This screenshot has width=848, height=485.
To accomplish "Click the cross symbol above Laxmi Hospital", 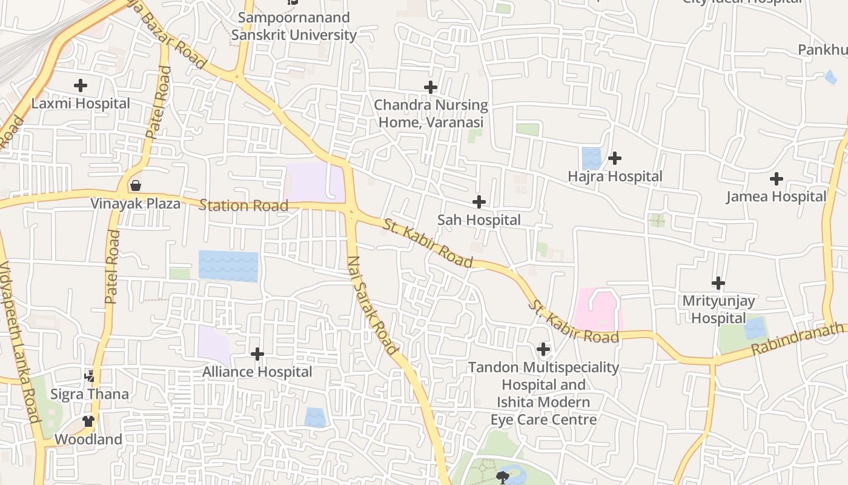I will [80, 85].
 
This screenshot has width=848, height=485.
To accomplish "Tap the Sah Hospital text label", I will [479, 220].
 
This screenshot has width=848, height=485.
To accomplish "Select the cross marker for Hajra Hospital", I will [615, 158].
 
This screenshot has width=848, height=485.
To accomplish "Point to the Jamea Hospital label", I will [776, 196].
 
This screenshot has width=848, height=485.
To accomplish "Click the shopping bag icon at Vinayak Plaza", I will [136, 185].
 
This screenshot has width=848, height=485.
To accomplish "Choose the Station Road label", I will [243, 206].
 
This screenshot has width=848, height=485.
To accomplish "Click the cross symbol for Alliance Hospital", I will [257, 353].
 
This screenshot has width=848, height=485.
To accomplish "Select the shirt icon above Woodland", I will [88, 421].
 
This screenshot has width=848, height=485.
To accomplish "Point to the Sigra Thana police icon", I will [90, 376].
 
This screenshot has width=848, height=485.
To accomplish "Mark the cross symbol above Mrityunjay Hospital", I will [718, 283].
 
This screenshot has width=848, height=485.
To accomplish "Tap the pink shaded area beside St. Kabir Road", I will [598, 310].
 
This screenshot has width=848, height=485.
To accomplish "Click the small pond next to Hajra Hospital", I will [591, 158].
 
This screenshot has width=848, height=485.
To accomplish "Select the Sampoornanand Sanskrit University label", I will [294, 26].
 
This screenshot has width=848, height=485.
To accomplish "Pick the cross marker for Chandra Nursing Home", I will [431, 87].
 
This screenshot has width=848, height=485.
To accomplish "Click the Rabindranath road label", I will [798, 339].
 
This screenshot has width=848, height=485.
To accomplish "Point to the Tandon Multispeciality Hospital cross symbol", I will [543, 349].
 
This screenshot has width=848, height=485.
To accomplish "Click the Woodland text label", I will [88, 439].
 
